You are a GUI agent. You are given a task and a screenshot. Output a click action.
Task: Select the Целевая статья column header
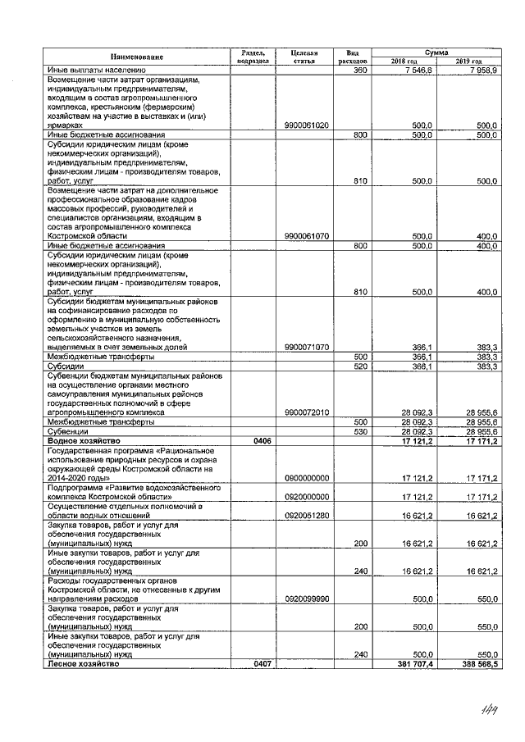pyautogui.click(x=304, y=57)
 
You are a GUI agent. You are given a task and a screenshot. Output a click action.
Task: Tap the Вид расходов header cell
pyautogui.click(x=353, y=57)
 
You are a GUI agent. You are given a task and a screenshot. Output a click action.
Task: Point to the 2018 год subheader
pyautogui.click(x=404, y=61)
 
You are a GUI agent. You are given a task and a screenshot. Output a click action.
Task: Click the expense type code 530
pyautogui.click(x=358, y=431)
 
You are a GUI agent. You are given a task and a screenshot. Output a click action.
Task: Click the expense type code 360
pyautogui.click(x=358, y=71)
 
